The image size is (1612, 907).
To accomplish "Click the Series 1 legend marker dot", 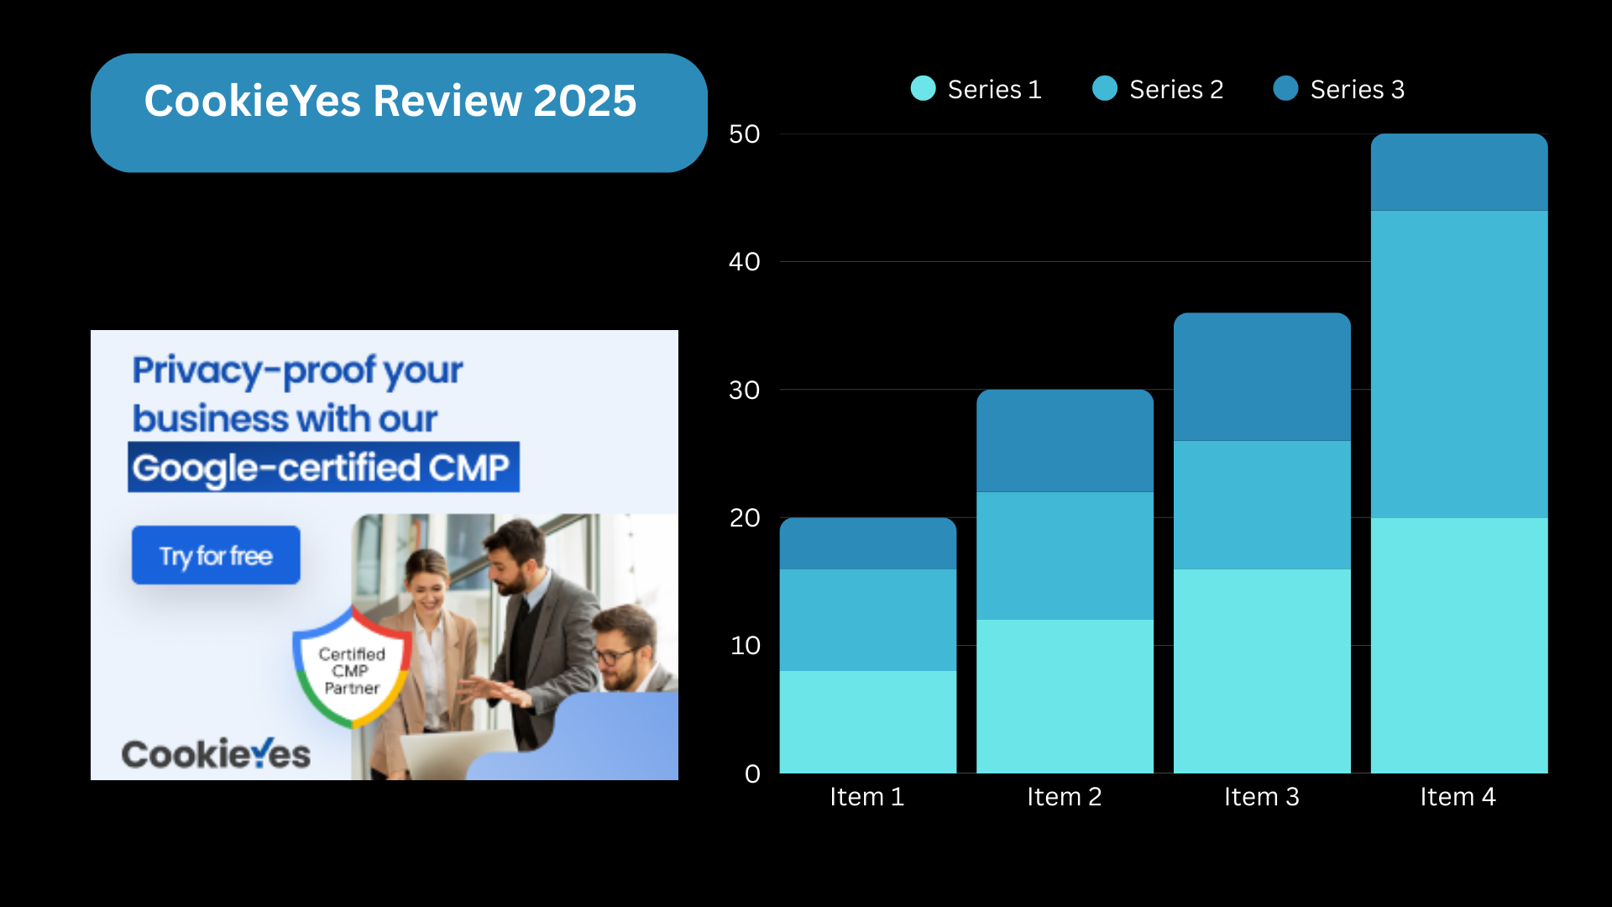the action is click(923, 88).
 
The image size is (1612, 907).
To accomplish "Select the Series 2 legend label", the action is click(1176, 89).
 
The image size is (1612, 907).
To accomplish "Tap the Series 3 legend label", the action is click(1358, 89).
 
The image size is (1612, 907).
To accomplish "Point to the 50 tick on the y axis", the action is click(745, 134).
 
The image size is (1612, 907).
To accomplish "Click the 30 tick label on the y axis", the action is click(745, 391).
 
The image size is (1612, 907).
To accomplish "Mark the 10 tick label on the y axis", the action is click(746, 646).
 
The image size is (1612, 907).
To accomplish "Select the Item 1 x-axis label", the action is click(867, 796).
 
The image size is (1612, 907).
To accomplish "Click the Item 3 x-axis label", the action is click(1262, 796).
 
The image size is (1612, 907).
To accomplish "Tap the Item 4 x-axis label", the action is click(1458, 796).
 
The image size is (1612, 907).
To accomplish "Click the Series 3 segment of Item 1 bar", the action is click(868, 543).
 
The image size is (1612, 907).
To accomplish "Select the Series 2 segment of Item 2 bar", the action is click(1065, 556).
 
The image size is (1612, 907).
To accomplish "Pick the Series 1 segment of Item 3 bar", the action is click(1262, 671).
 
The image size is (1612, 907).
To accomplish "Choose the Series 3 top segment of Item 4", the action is click(1459, 172).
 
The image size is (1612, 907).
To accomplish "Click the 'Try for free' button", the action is click(216, 555).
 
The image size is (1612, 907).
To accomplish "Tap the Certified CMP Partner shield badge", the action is click(353, 668).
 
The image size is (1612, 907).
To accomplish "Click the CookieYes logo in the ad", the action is click(216, 753).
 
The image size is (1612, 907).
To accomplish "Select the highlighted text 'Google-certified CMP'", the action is click(323, 467).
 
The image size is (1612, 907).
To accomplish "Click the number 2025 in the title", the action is click(585, 101).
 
